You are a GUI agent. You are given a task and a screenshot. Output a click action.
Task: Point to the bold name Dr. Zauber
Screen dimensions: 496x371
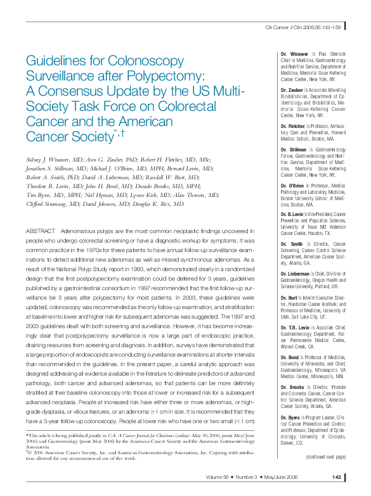coord(293,91)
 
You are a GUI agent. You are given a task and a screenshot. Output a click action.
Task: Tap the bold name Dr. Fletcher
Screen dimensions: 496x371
coord(294,127)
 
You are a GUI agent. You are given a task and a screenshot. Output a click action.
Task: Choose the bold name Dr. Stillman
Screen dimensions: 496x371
coord(294,150)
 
